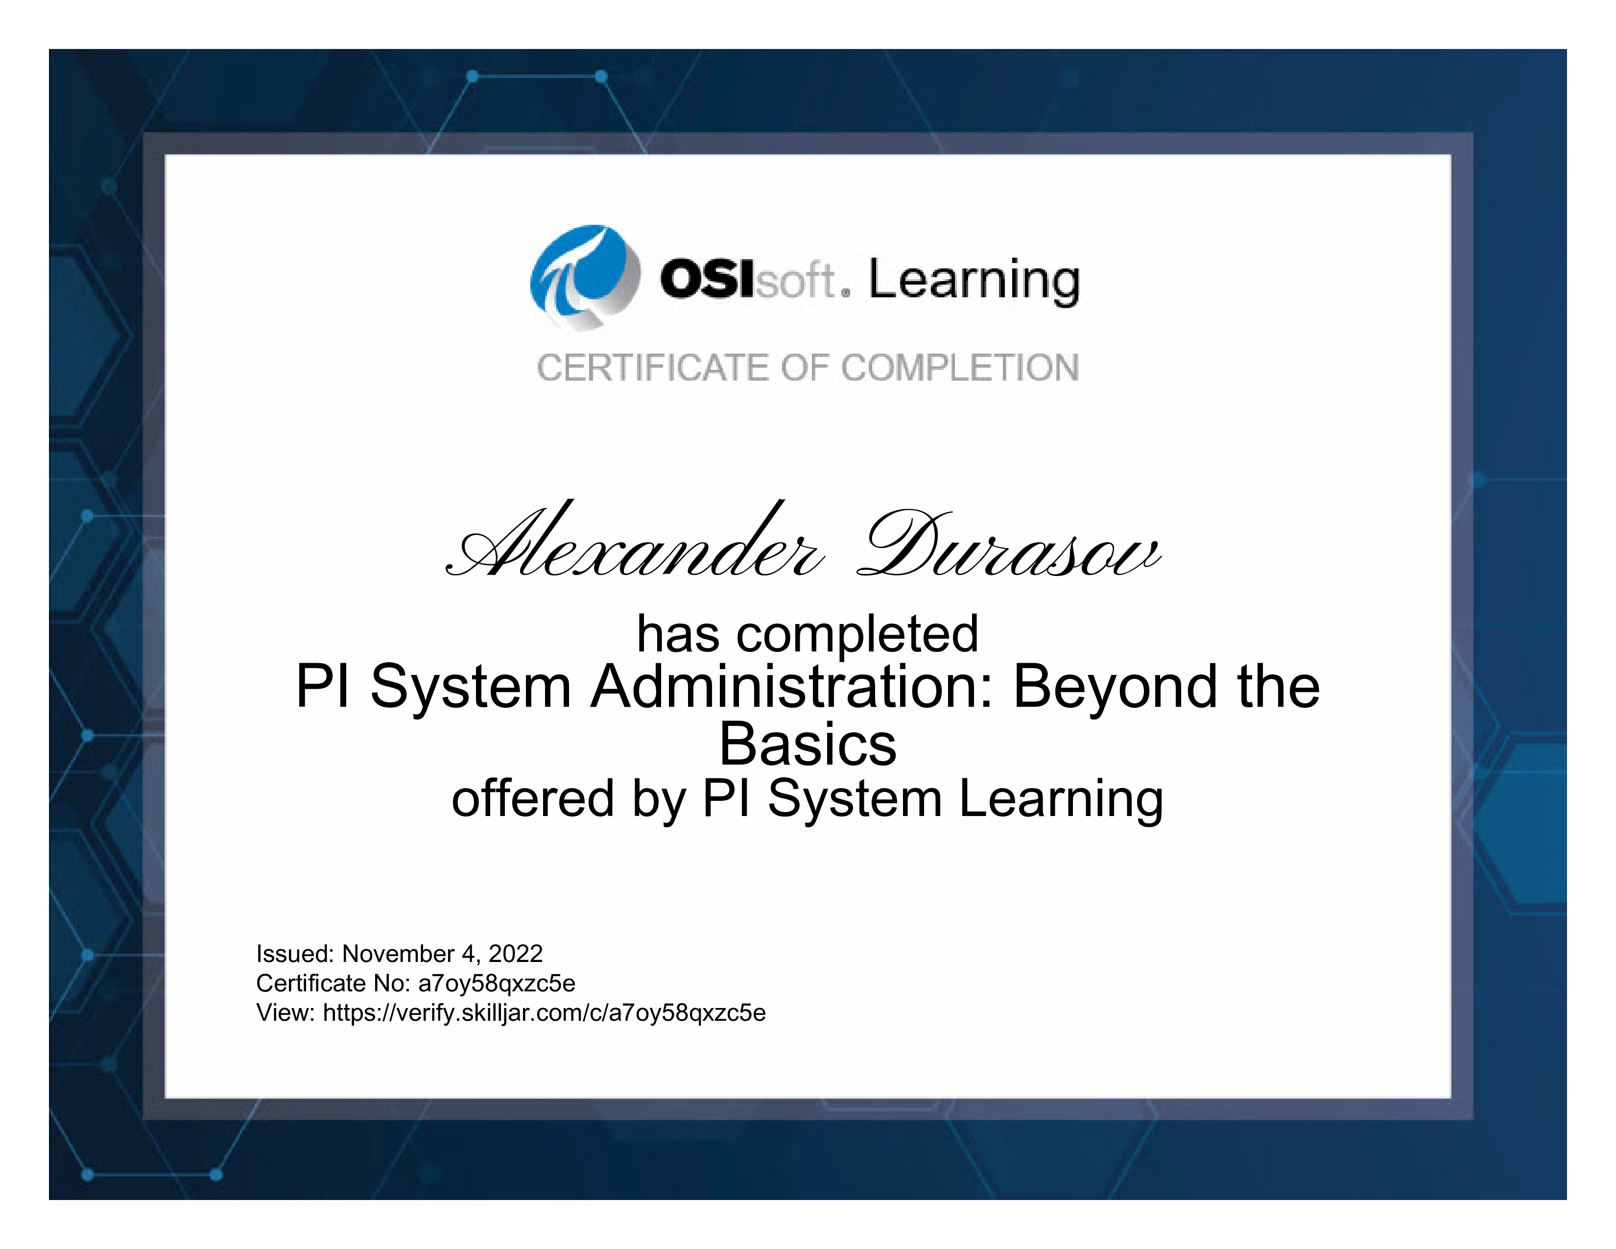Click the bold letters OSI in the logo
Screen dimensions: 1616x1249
pos(708,280)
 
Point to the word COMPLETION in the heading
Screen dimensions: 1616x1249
pos(960,368)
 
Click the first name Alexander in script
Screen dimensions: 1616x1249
pos(635,541)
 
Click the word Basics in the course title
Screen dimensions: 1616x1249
pos(808,745)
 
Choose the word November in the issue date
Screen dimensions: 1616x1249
pos(398,954)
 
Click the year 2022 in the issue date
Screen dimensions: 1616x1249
pos(516,954)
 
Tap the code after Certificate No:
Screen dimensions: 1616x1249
pos(497,984)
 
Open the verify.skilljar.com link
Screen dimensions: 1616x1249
pos(545,1013)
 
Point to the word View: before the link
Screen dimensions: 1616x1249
pos(285,1012)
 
